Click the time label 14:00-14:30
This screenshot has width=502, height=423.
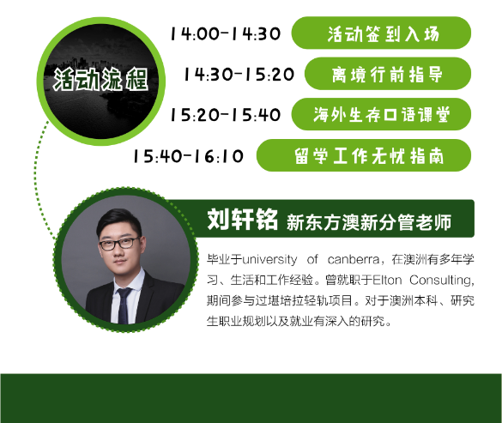pos(226,33)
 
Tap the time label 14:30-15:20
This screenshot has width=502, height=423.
pos(239,75)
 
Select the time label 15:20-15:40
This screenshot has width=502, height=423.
pos(226,115)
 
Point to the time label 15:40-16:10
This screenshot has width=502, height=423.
pos(188,156)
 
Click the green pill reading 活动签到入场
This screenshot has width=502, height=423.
pos(381,33)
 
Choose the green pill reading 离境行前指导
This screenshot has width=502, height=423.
pos(388,74)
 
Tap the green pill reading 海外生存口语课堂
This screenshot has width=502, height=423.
pos(381,114)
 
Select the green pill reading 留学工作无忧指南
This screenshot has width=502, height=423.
pos(364,155)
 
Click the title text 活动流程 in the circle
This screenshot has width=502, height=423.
pos(100,79)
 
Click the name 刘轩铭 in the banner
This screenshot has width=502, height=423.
pos(242,220)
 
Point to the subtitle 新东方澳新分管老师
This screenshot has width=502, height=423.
pos(369,222)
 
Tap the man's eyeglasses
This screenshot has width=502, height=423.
pos(119,244)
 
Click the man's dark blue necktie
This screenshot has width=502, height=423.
pos(124,305)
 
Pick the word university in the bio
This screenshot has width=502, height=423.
pos(269,259)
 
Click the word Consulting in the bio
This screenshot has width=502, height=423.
pos(441,281)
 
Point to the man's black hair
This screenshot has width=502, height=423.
pos(118,221)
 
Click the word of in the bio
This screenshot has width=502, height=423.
pos(312,259)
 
